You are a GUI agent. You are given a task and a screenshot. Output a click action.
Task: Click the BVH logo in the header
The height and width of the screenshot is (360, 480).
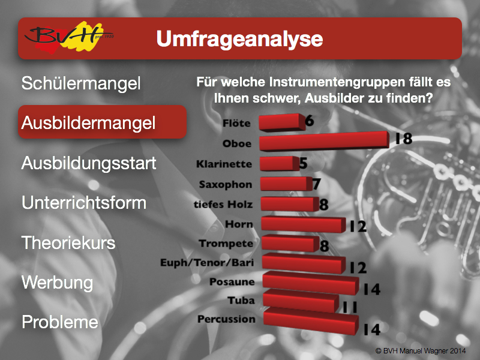pos(69,37)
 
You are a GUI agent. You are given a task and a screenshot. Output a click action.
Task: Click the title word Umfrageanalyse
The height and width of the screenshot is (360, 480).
pos(239,39)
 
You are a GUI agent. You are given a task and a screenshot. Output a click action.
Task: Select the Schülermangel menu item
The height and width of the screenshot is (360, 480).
pos(81,83)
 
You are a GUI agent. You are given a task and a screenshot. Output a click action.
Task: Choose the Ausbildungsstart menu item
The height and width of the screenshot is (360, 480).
pos(89,163)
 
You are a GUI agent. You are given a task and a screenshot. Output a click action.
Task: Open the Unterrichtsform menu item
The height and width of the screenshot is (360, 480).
pos(84,203)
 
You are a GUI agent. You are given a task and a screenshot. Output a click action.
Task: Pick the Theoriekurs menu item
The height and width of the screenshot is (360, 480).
pos(68,242)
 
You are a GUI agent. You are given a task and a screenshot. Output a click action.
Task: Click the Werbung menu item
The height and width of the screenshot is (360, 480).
pos(57,283)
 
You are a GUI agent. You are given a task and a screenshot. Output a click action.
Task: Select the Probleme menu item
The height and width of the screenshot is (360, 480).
pos(60,322)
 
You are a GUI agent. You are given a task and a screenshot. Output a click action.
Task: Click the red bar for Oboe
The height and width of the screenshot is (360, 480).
pos(324,141)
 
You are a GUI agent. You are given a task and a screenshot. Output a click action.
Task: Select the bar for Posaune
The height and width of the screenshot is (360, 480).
pos(311,283)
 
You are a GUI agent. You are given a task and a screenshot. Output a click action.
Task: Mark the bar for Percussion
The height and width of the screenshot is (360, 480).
pos(311,321)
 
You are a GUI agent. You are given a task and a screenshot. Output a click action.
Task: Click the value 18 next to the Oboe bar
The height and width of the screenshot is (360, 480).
pos(403,139)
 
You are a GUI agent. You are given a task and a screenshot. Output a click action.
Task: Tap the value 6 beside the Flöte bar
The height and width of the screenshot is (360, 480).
pos(310,121)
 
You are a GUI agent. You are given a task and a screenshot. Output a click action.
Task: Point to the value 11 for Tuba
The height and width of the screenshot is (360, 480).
pos(350,307)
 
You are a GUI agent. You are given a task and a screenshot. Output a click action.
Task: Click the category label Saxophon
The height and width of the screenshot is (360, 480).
pos(226,185)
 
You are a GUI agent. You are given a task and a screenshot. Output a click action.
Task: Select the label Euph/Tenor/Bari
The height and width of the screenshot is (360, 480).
pos(207,263)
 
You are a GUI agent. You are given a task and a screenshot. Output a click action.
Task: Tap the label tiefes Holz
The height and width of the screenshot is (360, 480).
pos(223,204)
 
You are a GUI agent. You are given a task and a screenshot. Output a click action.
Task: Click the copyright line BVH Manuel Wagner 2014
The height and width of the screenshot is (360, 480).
pos(421,351)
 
